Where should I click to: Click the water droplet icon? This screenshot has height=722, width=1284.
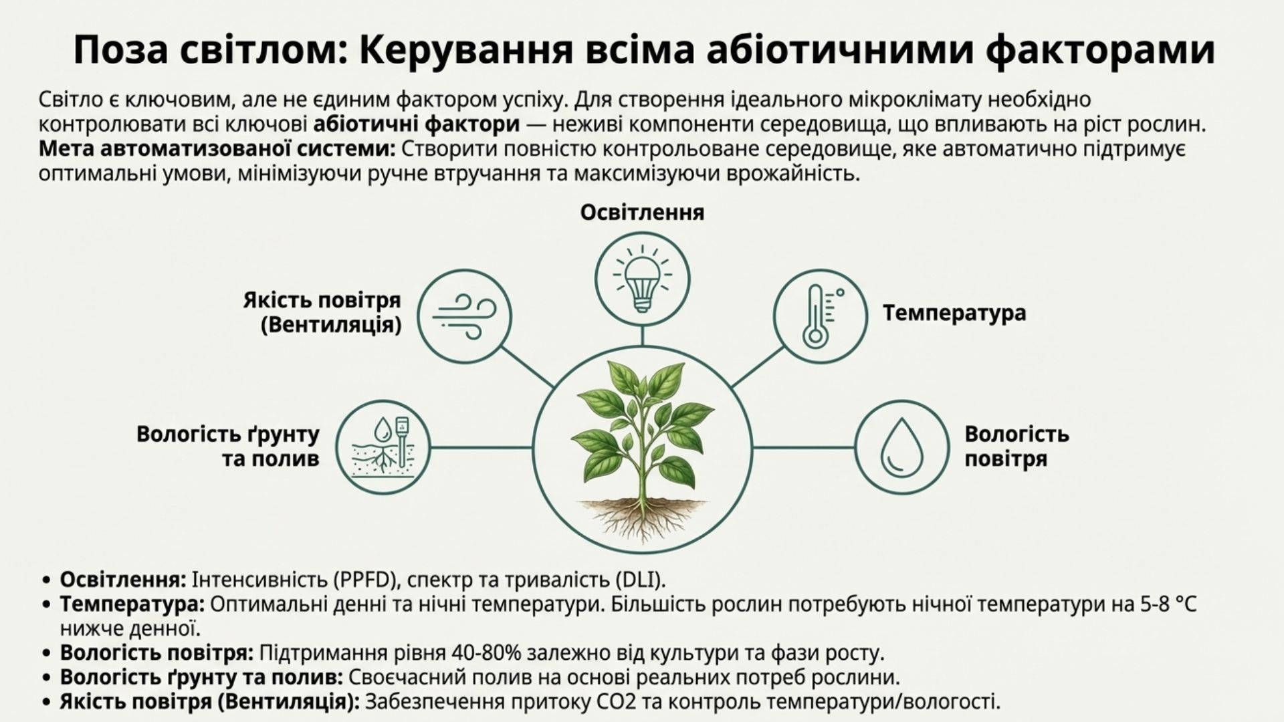pos(901,448)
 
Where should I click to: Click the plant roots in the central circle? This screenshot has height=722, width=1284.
pos(643,518)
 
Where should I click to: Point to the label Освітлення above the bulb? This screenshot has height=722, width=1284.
pos(642,213)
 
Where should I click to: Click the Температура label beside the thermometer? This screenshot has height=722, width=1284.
pos(954,313)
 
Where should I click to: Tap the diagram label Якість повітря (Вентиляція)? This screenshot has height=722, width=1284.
pos(322,312)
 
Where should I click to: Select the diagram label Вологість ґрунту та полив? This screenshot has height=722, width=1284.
pos(228,447)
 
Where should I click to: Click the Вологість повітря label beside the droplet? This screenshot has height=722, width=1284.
pos(1016,447)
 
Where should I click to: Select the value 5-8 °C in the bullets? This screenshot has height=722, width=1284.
pos(1168,604)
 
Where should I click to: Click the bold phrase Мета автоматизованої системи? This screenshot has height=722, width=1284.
pos(217,149)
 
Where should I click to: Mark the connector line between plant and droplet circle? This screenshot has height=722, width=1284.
pos(803,447)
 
